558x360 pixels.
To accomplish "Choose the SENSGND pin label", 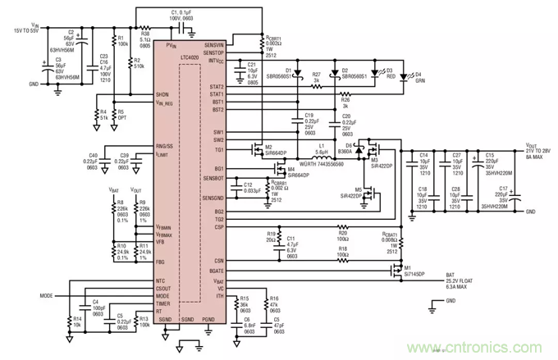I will [x=212, y=198].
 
